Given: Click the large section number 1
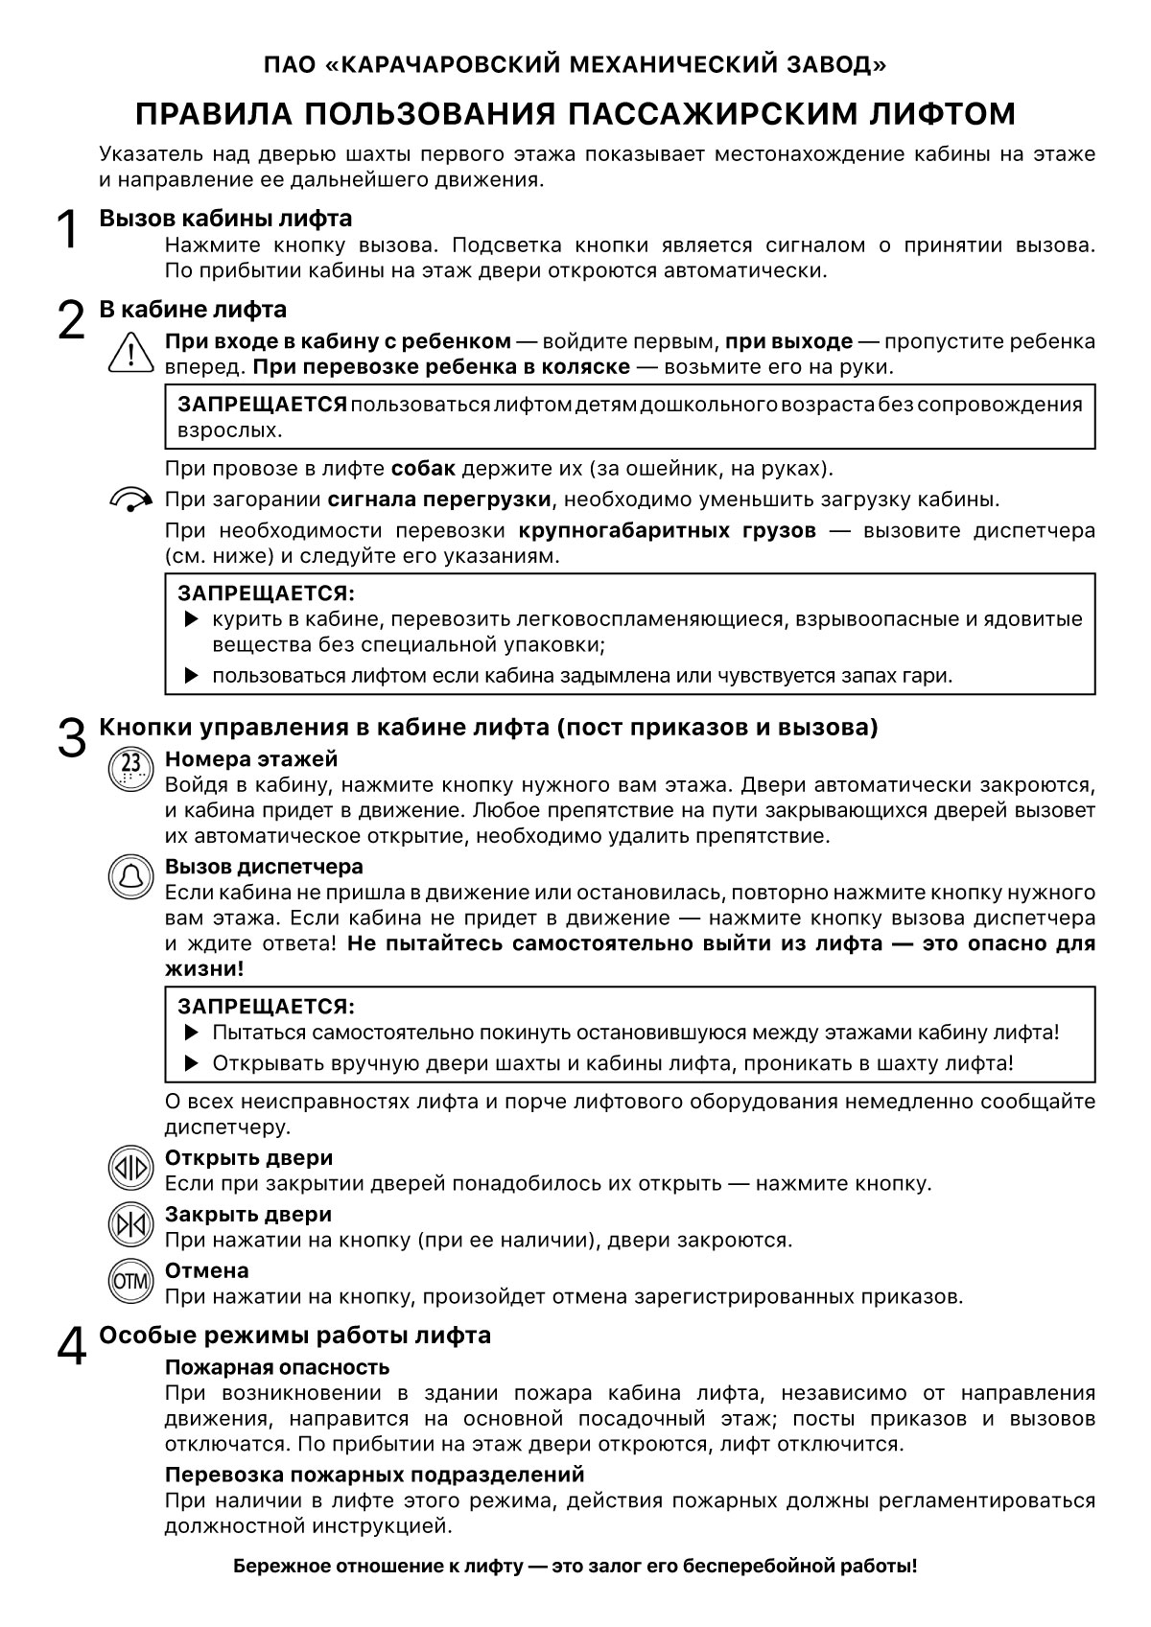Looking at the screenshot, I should (x=66, y=230).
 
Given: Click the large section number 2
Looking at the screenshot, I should (x=71, y=320).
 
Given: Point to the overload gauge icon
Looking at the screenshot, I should (x=131, y=499).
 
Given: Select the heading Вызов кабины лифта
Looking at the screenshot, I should (x=225, y=219).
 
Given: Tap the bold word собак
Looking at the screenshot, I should (x=423, y=469).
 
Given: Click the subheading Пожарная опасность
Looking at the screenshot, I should (x=277, y=1367).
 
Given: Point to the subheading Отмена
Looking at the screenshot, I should (x=207, y=1270).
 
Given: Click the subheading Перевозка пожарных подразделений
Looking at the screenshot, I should (x=374, y=1474).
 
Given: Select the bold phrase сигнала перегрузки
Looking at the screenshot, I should (x=439, y=500).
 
